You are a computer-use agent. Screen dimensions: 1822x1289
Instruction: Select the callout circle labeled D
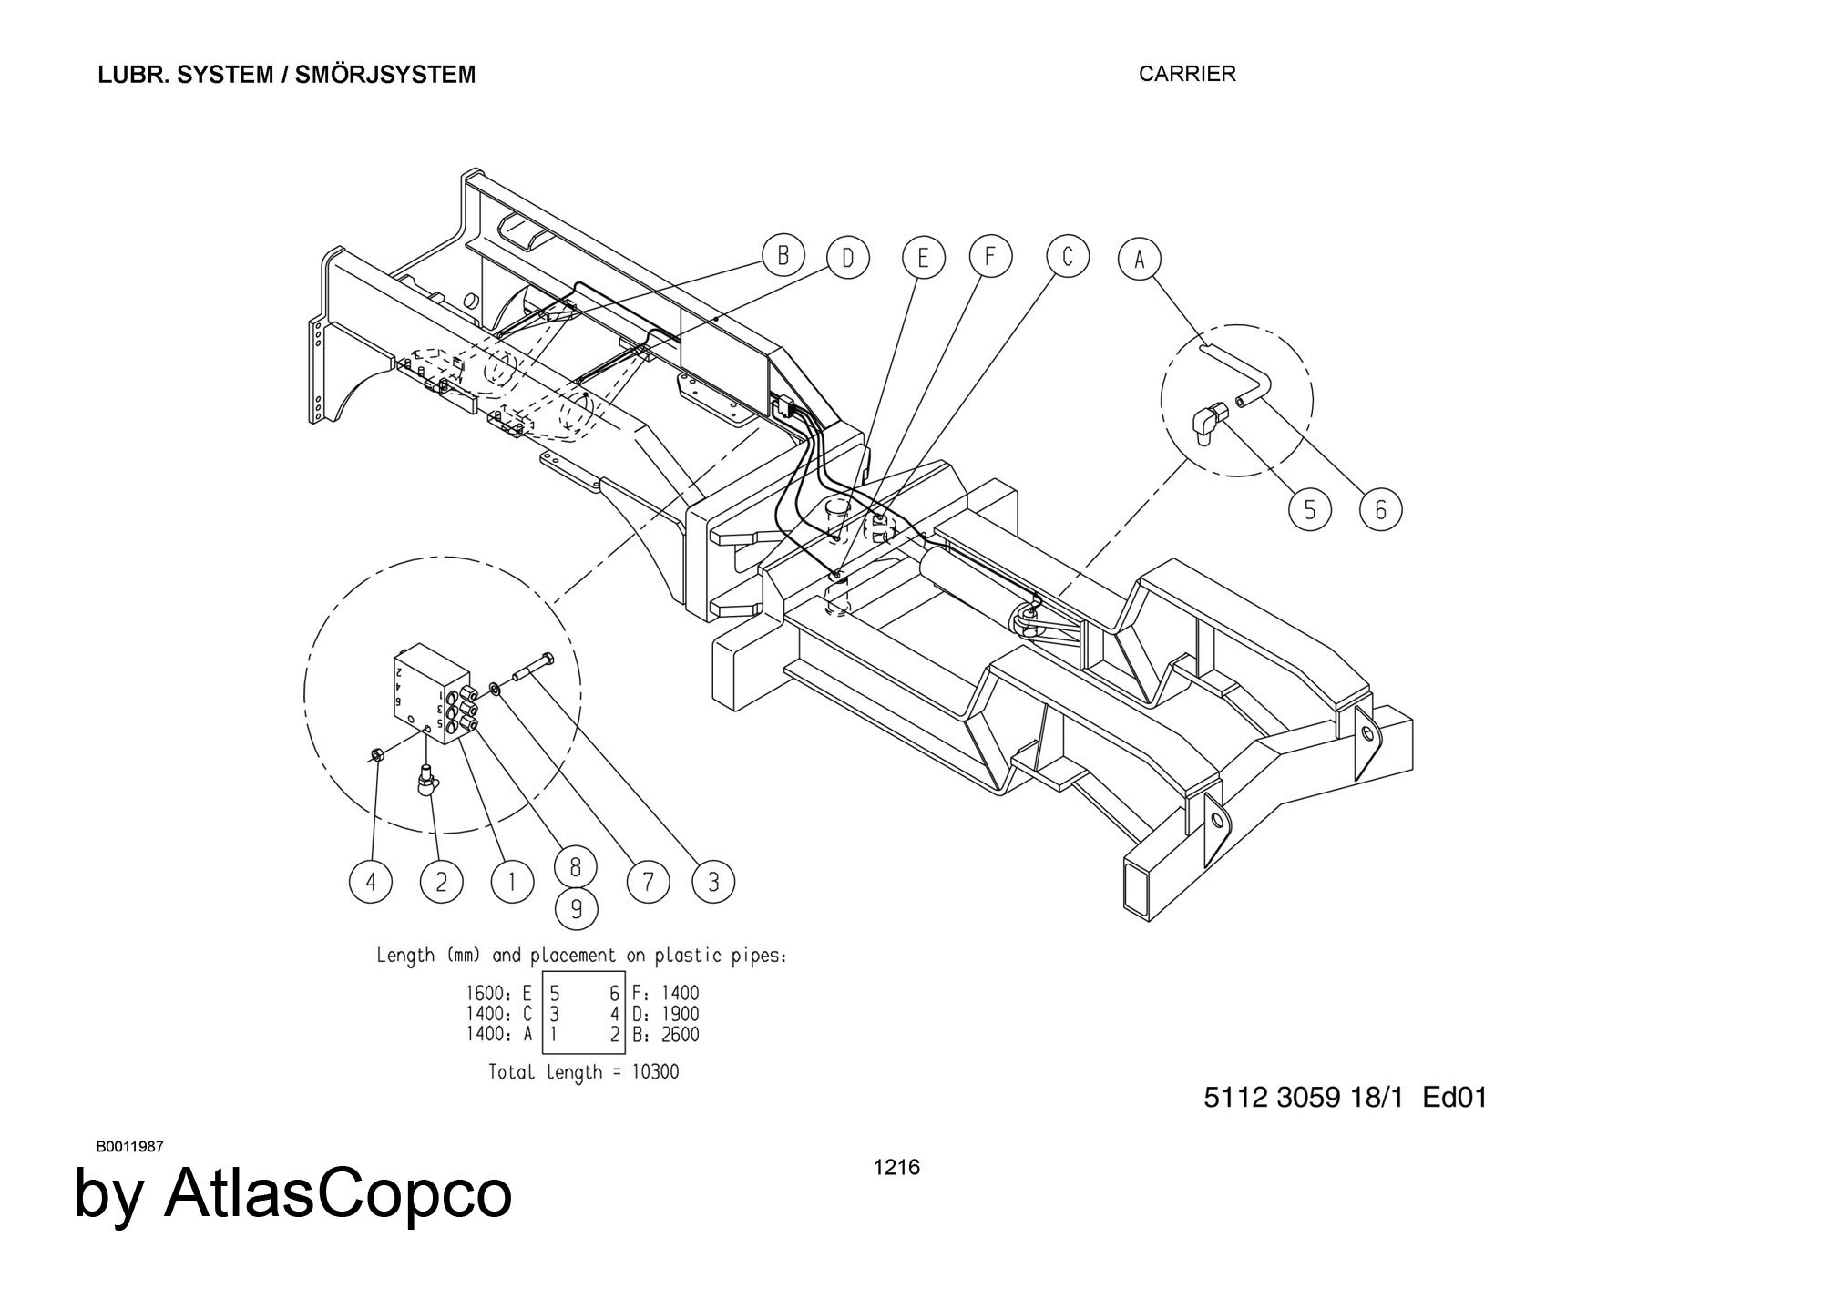pyautogui.click(x=848, y=259)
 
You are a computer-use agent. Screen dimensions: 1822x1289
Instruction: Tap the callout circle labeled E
pyautogui.click(x=923, y=259)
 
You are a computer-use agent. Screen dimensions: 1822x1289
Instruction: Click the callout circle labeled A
pyautogui.click(x=1139, y=259)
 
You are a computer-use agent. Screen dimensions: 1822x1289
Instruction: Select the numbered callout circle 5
pyautogui.click(x=1310, y=509)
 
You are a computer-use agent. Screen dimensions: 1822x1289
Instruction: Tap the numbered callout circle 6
pyautogui.click(x=1380, y=509)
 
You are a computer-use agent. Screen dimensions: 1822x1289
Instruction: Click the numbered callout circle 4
pyautogui.click(x=371, y=882)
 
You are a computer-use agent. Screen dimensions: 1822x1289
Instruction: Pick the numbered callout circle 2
pyautogui.click(x=441, y=882)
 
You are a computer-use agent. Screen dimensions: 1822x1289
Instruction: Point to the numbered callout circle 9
pyautogui.click(x=576, y=909)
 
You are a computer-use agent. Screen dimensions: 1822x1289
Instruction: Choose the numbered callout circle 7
pyautogui.click(x=648, y=882)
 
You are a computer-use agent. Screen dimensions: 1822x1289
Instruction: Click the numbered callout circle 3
pyautogui.click(x=713, y=882)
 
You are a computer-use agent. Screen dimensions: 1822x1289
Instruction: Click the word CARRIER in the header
pyautogui.click(x=1187, y=75)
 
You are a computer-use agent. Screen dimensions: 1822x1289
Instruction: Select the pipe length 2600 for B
pyautogui.click(x=679, y=1034)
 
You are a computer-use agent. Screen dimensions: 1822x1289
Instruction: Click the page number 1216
pyautogui.click(x=896, y=1167)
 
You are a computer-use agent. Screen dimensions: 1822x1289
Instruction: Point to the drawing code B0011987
pyautogui.click(x=129, y=1147)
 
